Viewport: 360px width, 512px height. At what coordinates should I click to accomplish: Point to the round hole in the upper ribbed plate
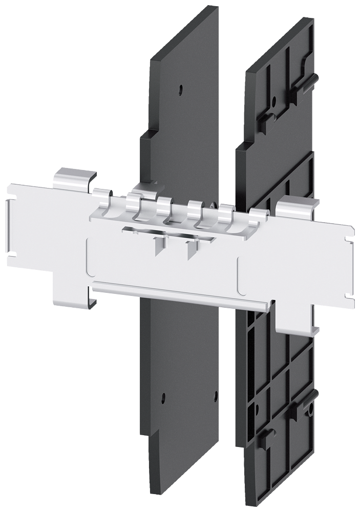(x=274, y=101)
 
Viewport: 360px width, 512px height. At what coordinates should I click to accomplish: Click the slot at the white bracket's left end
(x=11, y=226)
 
